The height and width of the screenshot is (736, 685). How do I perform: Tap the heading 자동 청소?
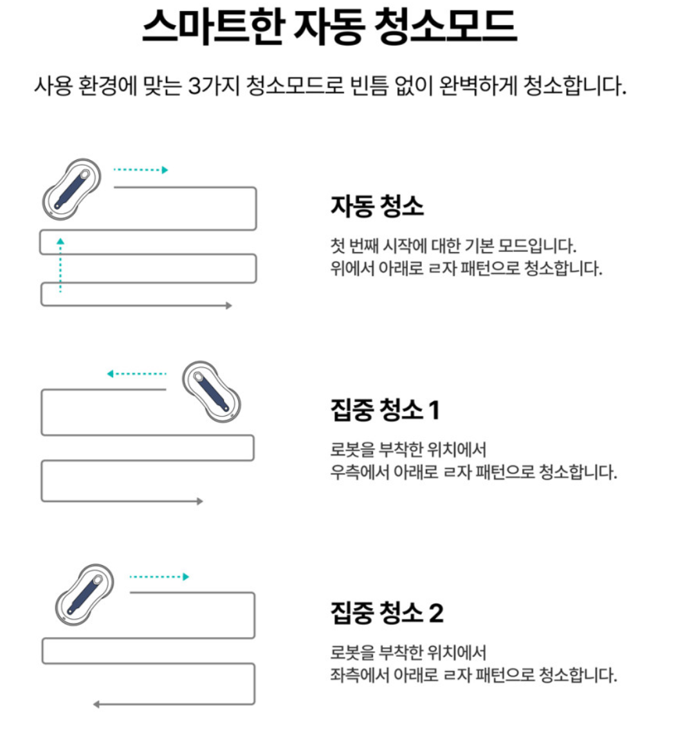[377, 206]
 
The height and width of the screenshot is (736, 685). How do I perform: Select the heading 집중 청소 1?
[385, 409]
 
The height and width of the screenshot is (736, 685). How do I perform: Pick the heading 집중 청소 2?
[387, 613]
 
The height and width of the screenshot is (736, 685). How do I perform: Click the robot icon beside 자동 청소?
[72, 188]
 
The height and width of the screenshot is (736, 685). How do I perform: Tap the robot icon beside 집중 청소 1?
[211, 391]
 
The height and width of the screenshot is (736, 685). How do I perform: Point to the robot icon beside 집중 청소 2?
[84, 595]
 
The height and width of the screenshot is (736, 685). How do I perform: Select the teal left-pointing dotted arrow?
[136, 373]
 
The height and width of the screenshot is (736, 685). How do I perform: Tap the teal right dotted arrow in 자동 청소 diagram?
[141, 170]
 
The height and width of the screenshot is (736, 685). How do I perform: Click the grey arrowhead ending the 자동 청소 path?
[228, 306]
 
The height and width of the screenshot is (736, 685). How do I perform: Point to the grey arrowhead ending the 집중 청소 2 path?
[96, 705]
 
